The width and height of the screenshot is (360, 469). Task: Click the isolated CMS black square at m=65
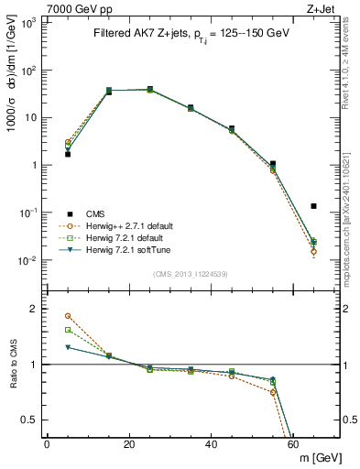pos(313,206)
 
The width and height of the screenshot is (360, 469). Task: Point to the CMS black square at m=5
pos(68,154)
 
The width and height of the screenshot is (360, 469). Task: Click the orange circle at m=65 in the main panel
pos(313,251)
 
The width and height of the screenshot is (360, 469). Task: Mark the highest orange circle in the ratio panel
pos(68,316)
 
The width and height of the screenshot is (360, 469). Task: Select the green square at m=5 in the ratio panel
pos(68,330)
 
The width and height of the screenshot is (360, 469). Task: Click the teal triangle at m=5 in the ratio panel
pos(68,347)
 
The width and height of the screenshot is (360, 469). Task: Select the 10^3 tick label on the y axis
pos(27,23)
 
